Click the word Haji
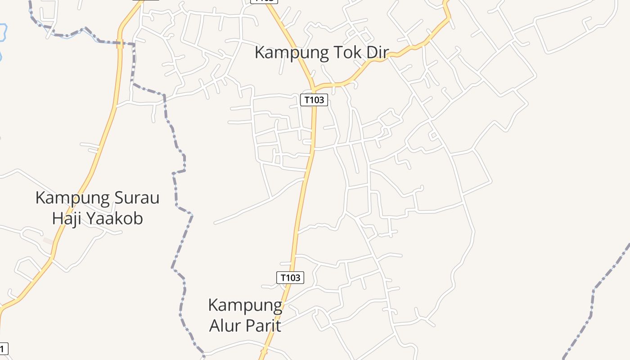point(67,218)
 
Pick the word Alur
point(224,325)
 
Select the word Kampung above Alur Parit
point(245,306)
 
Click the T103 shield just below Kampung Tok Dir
point(314,100)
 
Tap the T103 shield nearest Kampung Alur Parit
point(290,278)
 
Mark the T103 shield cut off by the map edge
point(265,1)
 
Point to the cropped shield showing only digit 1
point(4,348)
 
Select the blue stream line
point(67,36)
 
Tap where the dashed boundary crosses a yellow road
point(120,44)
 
